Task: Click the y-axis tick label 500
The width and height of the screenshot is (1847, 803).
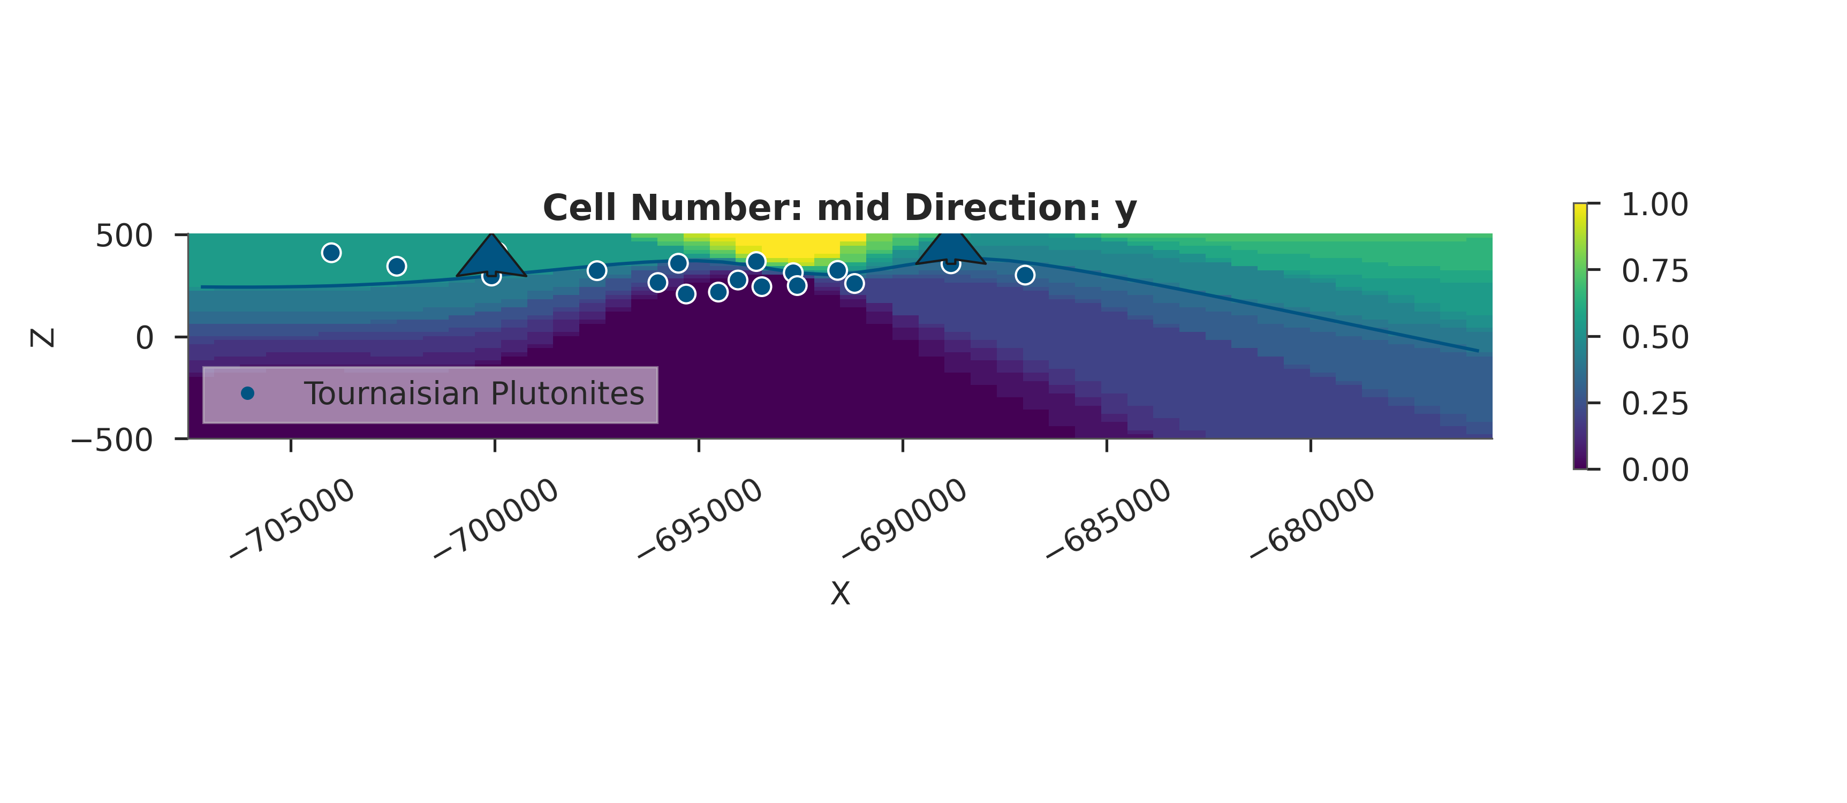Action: (x=124, y=236)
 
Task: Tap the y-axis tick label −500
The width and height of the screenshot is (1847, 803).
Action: (x=112, y=440)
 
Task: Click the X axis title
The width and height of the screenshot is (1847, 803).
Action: (x=839, y=594)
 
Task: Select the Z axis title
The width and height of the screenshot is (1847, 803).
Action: (x=43, y=338)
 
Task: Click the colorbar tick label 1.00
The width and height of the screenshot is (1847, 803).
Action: (x=1655, y=205)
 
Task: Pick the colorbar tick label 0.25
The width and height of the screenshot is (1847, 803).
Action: (x=1655, y=404)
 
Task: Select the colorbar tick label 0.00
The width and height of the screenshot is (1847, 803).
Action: (x=1655, y=469)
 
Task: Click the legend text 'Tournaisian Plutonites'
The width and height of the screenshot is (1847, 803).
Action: (x=474, y=393)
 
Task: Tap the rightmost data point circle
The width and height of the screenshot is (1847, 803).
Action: (x=1025, y=275)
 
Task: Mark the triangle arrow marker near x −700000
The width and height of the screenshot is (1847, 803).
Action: (x=491, y=258)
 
